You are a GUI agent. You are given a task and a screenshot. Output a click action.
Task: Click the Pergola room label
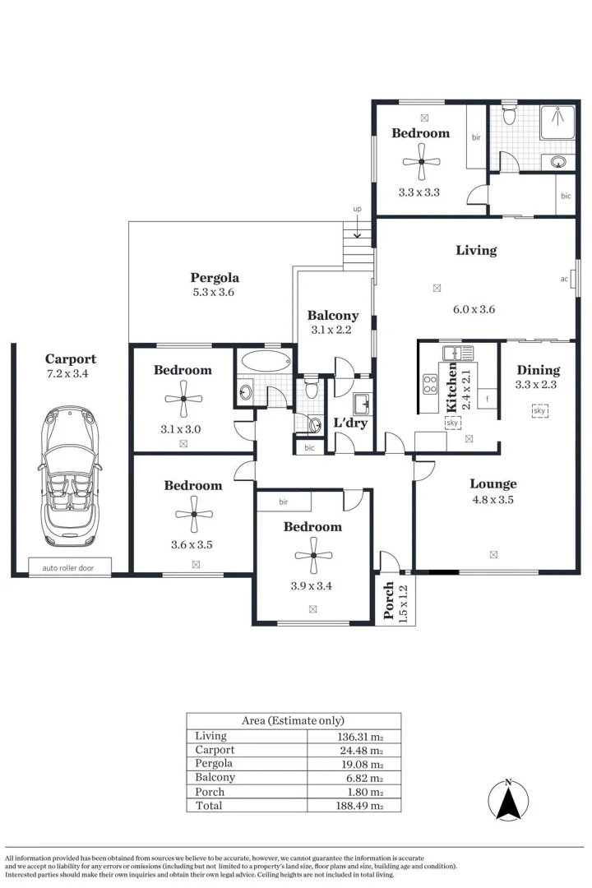click(215, 278)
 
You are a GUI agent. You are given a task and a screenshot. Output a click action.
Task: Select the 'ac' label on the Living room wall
click(565, 279)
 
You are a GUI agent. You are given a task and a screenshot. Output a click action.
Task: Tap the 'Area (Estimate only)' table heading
click(293, 720)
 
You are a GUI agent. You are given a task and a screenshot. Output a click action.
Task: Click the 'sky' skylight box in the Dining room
click(539, 410)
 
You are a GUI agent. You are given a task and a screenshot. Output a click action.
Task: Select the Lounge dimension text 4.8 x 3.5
click(493, 499)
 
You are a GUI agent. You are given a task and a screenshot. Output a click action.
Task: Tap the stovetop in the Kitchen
click(430, 382)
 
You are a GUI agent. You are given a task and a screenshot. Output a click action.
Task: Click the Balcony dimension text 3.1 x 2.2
click(333, 331)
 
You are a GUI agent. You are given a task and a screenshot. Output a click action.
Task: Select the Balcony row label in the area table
click(215, 777)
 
